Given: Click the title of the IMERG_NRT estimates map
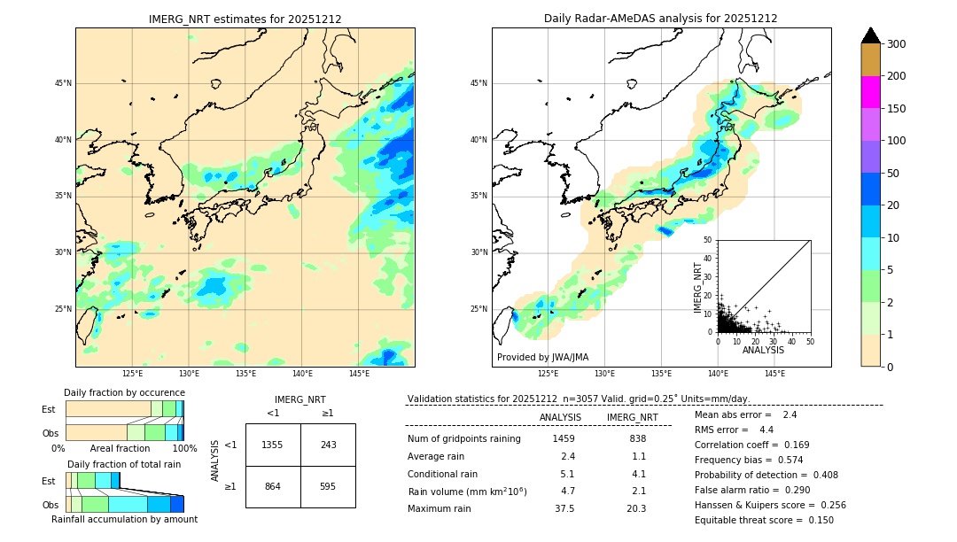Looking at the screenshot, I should [245, 19].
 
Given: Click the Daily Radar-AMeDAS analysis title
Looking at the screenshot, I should [661, 19].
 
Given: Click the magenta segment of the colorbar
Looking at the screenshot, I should [870, 92].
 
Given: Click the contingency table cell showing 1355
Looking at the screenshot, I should [273, 445].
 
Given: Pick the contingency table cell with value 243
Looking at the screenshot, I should [328, 445].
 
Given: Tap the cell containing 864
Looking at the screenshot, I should [273, 487].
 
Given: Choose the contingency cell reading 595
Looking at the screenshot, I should [328, 487].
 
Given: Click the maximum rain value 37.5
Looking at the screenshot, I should [564, 508].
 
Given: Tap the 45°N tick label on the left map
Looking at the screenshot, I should [63, 83].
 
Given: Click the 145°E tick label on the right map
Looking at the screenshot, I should [774, 374].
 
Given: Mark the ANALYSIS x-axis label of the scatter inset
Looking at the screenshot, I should [763, 351].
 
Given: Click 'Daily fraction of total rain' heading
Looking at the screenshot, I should [124, 464].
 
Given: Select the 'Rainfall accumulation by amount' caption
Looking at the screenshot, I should [124, 520].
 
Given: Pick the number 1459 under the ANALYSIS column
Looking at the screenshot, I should [564, 438].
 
